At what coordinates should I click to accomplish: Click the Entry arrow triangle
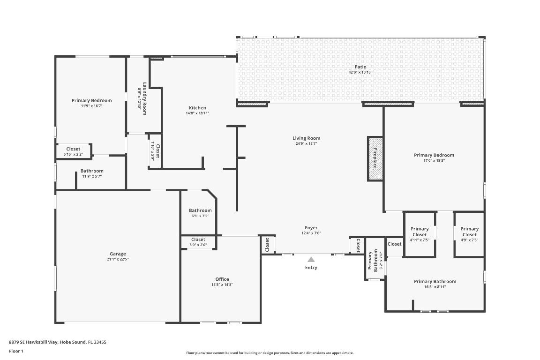tap(311, 260)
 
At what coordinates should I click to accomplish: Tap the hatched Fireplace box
tap(375, 158)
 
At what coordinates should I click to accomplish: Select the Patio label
tap(360, 67)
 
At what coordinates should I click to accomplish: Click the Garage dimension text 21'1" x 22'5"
tap(118, 259)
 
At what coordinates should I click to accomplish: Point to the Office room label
tap(222, 279)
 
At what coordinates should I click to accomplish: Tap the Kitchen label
tap(197, 108)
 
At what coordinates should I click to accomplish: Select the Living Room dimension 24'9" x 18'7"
tap(306, 144)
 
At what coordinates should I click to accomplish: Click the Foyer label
tap(311, 228)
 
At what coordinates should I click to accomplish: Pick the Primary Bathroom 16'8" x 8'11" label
tap(435, 282)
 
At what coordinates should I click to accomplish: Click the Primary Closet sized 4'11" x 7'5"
tap(420, 232)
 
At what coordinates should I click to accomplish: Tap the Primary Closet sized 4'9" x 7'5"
tap(469, 232)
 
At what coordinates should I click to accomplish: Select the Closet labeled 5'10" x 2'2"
tap(73, 149)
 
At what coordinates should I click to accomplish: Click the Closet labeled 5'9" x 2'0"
tap(198, 240)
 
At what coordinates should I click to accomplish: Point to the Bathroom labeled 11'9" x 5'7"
tap(92, 171)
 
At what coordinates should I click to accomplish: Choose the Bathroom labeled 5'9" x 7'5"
tap(200, 210)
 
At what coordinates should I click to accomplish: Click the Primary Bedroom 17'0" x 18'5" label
tap(434, 155)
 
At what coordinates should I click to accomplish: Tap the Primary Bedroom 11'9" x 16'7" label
tap(91, 100)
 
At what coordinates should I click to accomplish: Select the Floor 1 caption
tap(16, 351)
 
